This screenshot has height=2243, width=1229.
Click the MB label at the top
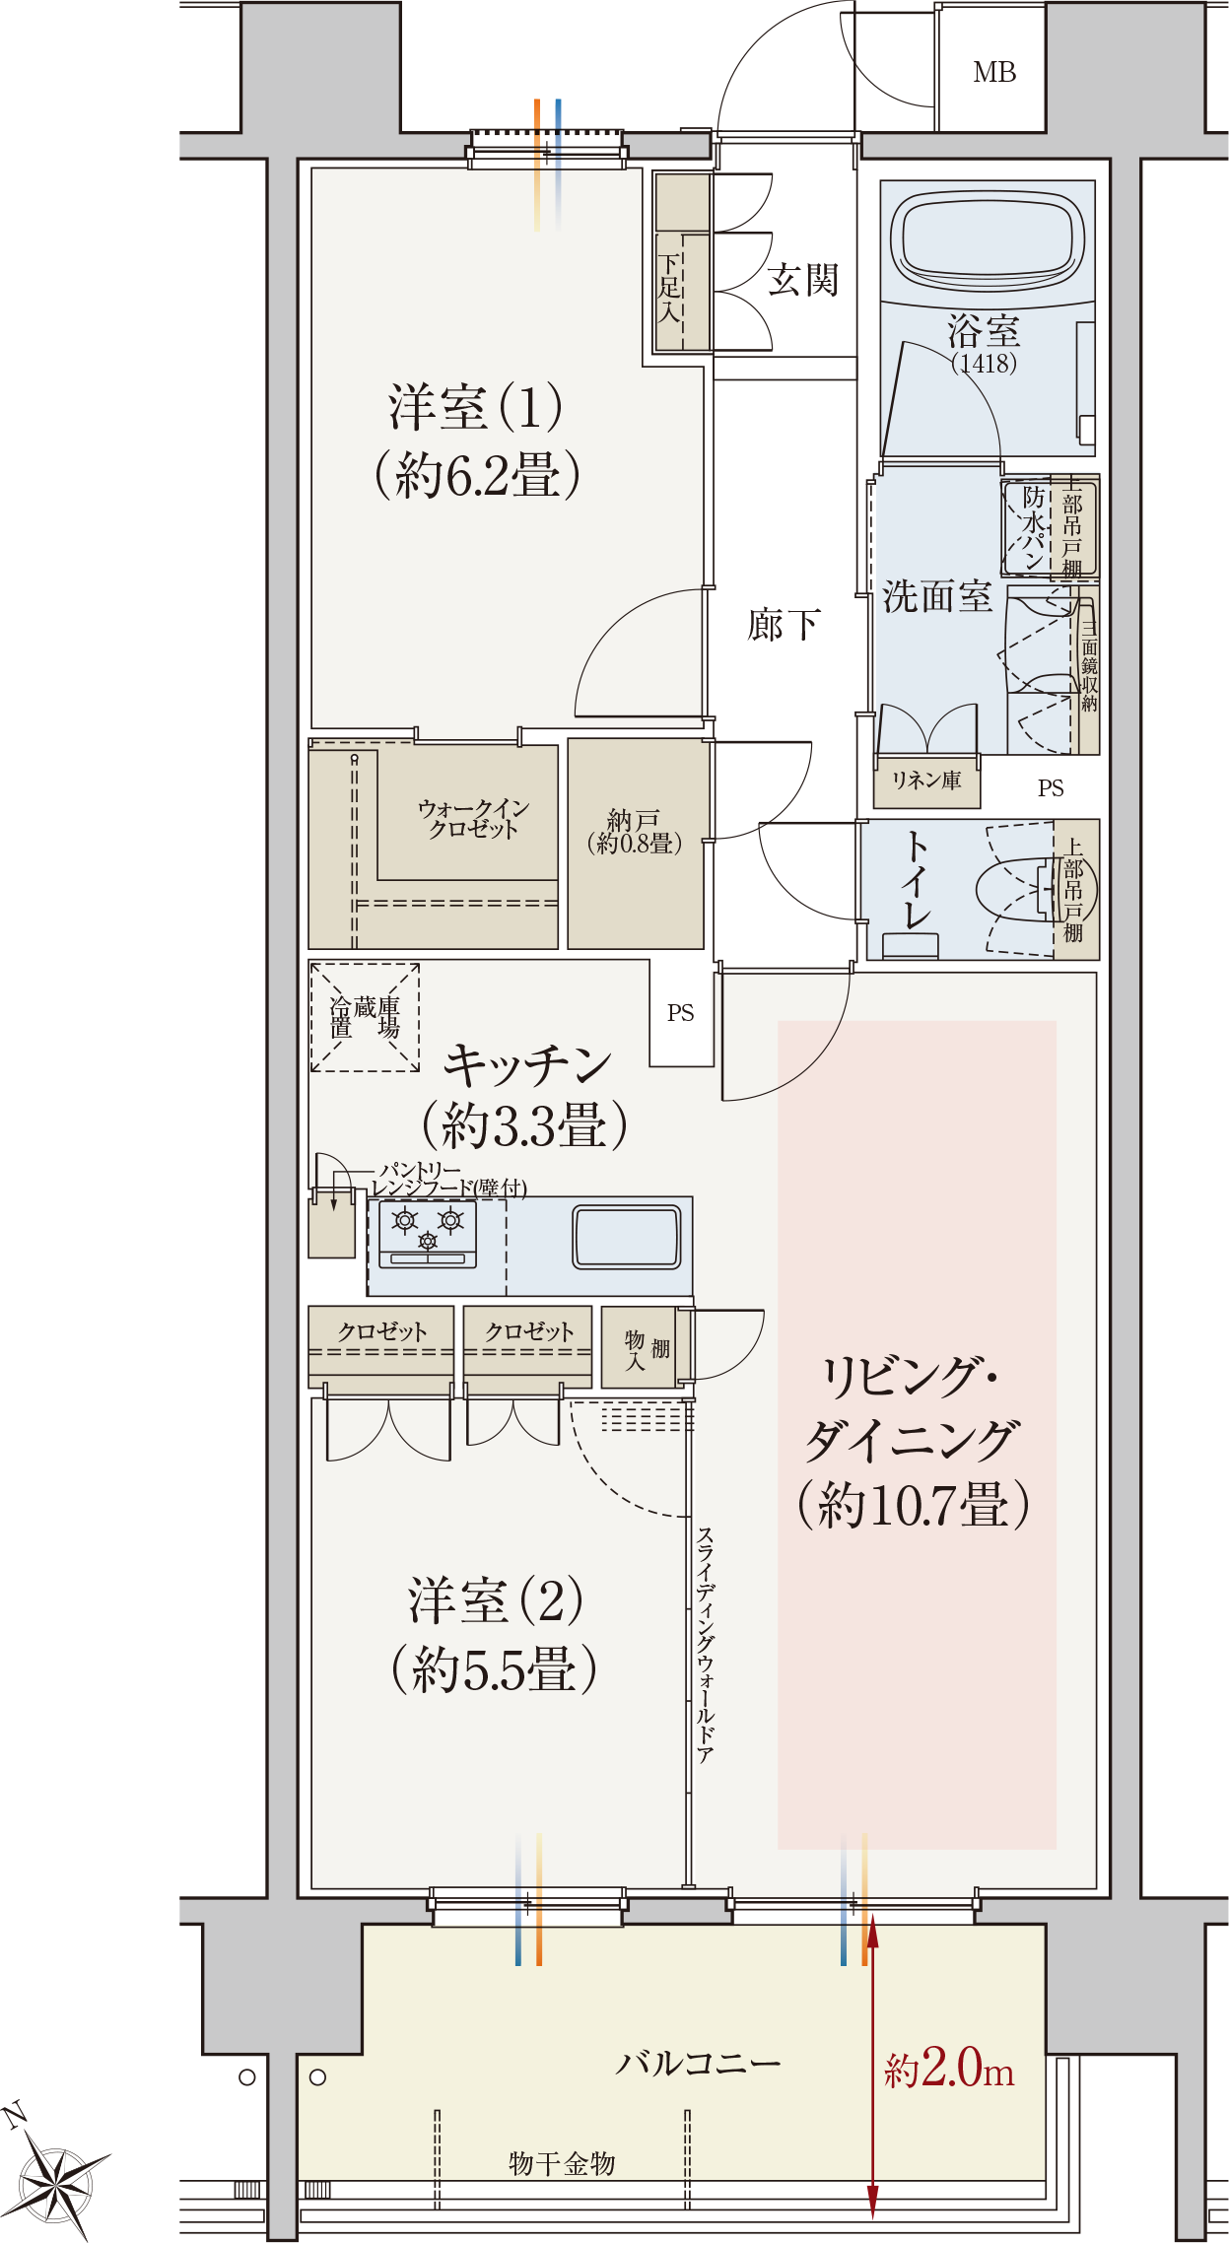point(993,72)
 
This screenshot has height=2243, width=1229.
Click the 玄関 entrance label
point(803,280)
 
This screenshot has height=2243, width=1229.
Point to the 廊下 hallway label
point(784,624)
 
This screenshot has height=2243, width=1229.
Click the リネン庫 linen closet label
point(926,781)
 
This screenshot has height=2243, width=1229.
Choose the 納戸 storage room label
point(635,831)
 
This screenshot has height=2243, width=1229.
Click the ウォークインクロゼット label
point(473,818)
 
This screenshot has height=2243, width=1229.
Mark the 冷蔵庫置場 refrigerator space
point(365,1017)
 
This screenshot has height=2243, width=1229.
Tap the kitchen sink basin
point(626,1237)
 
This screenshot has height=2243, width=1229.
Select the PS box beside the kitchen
point(681,1013)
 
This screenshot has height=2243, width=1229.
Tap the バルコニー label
point(699,2062)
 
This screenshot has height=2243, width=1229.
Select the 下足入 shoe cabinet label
point(669,289)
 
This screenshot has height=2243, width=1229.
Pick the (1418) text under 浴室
point(985,363)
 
